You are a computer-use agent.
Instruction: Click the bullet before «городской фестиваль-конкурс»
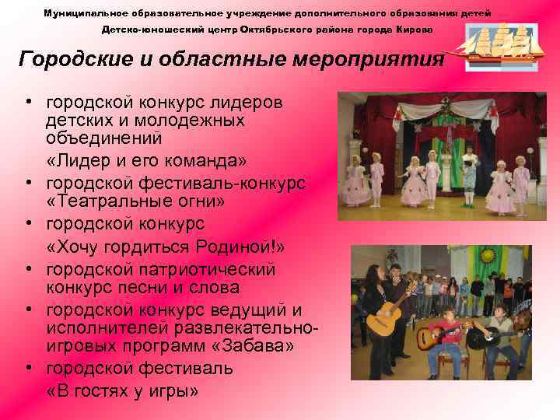click(x=26, y=184)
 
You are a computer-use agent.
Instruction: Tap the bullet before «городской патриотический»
click(x=26, y=270)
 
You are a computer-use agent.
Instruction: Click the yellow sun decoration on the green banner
click(x=488, y=256)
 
